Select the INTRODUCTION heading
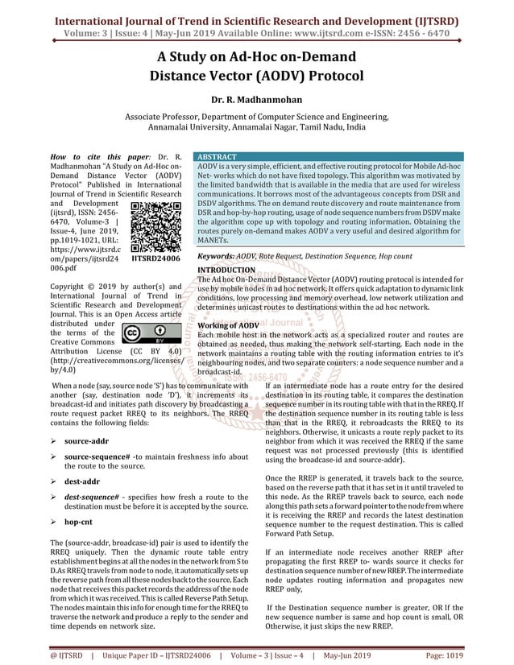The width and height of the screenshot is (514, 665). [x=226, y=270]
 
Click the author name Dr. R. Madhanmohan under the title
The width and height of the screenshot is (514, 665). [x=257, y=101]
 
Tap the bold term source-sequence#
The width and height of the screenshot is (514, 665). [x=97, y=457]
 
